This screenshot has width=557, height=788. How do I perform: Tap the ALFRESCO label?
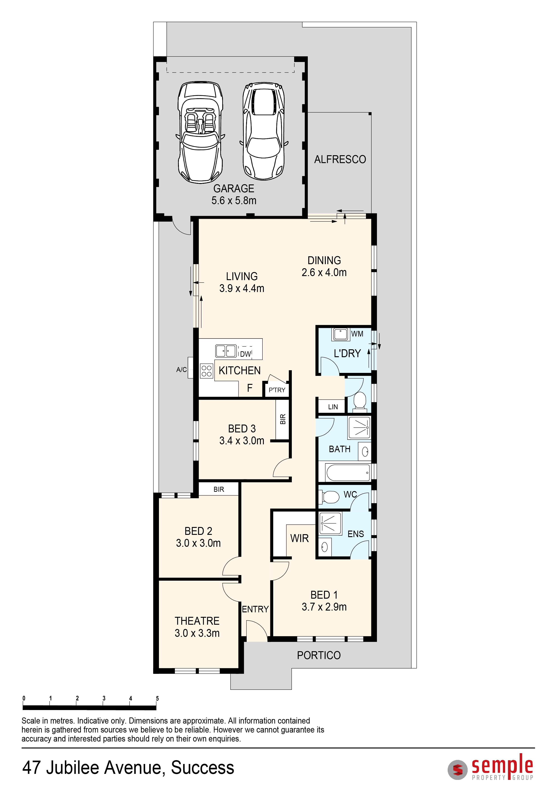point(340,159)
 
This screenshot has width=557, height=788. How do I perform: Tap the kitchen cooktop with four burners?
point(207,371)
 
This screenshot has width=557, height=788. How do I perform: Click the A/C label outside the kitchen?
point(181,370)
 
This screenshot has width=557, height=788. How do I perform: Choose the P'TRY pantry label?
point(277,390)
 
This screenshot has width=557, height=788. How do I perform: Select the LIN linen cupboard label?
point(333,407)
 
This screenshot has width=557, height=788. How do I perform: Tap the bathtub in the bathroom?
point(348,473)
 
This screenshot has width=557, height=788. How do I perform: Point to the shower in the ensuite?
point(330,523)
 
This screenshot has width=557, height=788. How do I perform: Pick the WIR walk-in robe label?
point(299,538)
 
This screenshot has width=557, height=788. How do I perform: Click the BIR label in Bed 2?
point(219,489)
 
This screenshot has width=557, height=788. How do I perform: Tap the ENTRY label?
point(255,609)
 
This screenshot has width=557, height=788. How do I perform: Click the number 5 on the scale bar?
point(157,698)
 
